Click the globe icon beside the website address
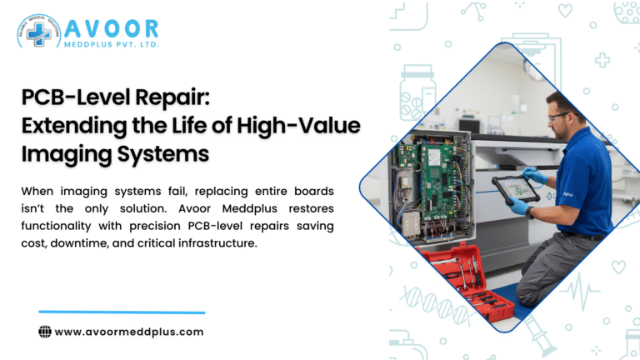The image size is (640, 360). click(45, 331)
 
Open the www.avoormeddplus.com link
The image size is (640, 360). click(129, 331)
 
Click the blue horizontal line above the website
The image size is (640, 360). click(122, 312)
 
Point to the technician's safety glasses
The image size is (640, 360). click(560, 116)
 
